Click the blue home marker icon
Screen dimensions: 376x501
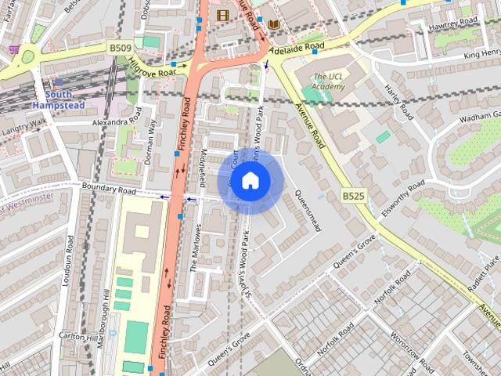click(x=250, y=180)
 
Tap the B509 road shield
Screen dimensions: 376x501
click(x=120, y=49)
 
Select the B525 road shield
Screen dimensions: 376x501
click(x=352, y=196)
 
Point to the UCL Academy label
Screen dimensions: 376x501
click(x=327, y=81)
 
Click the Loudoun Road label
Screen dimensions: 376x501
click(x=68, y=266)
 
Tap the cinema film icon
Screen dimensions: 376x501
click(x=223, y=15)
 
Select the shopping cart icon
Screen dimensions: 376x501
click(x=14, y=47)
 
